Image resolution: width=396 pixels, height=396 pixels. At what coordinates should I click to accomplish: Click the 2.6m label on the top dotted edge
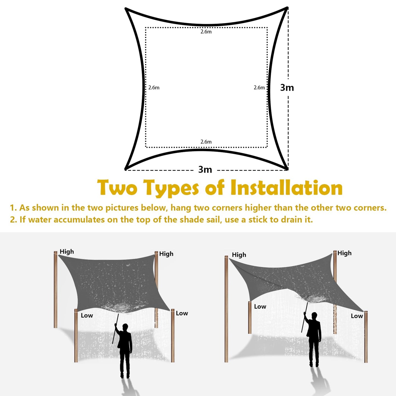click(x=206, y=32)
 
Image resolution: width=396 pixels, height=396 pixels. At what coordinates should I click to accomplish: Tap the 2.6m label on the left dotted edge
click(x=154, y=88)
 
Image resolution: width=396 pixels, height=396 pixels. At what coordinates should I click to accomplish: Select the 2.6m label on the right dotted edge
click(x=259, y=88)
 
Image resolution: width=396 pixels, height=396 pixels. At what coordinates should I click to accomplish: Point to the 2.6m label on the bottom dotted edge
click(x=206, y=142)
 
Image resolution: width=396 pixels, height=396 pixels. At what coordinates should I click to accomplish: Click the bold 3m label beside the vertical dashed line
click(x=287, y=88)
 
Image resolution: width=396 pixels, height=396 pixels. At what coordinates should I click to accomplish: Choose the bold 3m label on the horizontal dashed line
click(x=205, y=170)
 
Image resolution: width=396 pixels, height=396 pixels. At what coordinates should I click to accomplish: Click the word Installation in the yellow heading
click(x=286, y=188)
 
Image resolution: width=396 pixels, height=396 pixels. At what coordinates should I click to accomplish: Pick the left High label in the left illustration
click(x=67, y=252)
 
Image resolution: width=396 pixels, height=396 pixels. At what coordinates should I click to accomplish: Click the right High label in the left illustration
click(x=166, y=254)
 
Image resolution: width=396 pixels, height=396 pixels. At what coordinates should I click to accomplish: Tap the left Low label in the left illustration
click(x=87, y=315)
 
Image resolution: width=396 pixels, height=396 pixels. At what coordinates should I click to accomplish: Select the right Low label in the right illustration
click(x=357, y=316)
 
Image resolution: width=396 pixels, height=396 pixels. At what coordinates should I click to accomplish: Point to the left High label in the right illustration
click(x=239, y=255)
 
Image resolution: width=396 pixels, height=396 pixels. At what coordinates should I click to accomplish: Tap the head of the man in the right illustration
click(x=314, y=315)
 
